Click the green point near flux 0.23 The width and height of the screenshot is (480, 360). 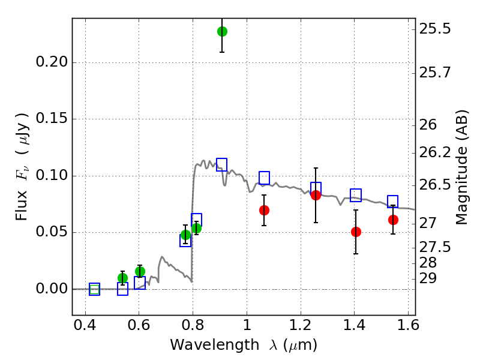coord(222,31)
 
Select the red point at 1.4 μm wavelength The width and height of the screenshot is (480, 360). coord(356,232)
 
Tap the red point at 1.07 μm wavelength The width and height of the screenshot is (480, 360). coord(264,210)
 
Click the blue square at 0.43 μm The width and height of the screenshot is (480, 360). coord(94,289)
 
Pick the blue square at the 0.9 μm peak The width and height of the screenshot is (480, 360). coord(222,165)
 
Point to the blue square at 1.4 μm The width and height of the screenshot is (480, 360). coord(356,194)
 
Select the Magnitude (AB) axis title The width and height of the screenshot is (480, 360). coord(461,167)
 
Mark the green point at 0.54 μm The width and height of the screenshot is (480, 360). coord(122,278)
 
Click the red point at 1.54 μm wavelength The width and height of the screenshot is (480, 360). coord(393,220)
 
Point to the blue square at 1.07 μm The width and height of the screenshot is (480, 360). coord(264,178)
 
